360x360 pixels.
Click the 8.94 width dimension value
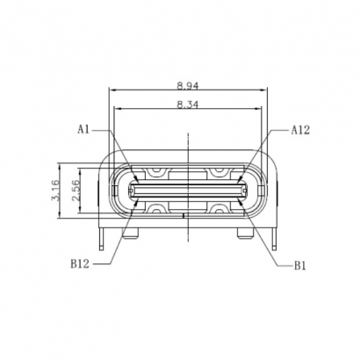pyautogui.click(x=187, y=86)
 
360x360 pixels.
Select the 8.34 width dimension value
pyautogui.click(x=187, y=104)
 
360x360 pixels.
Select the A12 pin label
pyautogui.click(x=301, y=130)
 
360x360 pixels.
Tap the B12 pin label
pyautogui.click(x=82, y=263)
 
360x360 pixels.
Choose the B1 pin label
pyautogui.click(x=300, y=263)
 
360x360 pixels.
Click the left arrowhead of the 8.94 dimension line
pyautogui.click(x=111, y=91)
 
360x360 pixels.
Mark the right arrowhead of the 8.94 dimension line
pyautogui.click(x=266, y=91)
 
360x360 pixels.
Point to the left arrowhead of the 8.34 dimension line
pyautogui.click(x=116, y=110)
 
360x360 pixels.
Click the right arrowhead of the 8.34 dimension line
pyautogui.click(x=261, y=110)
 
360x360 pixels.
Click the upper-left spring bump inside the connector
pyautogui.click(x=158, y=172)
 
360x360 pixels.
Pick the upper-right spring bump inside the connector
pyautogui.click(x=218, y=172)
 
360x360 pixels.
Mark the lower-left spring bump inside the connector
pyautogui.click(x=158, y=206)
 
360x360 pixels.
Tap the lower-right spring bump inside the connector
pyautogui.click(x=218, y=206)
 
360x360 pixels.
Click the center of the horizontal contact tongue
pyautogui.click(x=188, y=189)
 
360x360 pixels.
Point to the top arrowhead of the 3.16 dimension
pyautogui.click(x=59, y=164)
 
